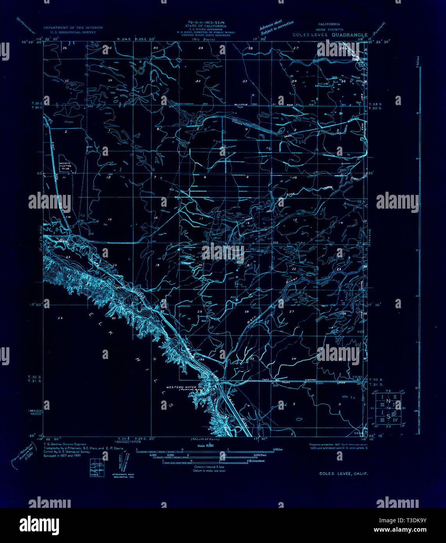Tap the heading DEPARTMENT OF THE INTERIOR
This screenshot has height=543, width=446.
pyautogui.click(x=73, y=28)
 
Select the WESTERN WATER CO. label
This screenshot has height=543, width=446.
pyautogui.click(x=183, y=387)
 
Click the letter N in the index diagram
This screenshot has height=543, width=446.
pyautogui.click(x=388, y=401)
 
